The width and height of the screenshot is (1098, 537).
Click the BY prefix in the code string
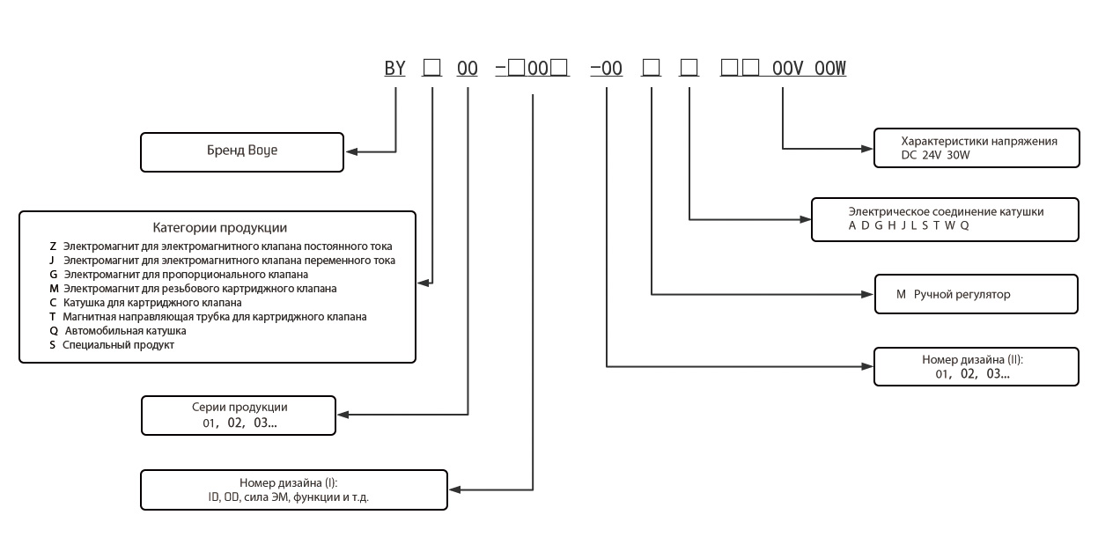pos(394,67)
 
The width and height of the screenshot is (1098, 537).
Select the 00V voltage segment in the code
pos(787,67)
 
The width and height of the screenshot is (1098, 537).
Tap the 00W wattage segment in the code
pos(830,67)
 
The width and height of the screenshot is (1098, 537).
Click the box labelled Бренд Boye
pos(242,151)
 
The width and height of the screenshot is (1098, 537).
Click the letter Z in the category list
pos(53,246)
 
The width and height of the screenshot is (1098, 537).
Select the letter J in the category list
pos(53,261)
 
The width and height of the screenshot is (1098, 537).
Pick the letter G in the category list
pos(53,275)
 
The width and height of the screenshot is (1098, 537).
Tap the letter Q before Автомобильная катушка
pos(53,331)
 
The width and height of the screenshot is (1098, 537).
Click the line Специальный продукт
pos(118,345)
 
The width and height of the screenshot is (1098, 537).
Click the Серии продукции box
pos(239,415)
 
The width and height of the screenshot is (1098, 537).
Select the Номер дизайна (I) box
pos(294,489)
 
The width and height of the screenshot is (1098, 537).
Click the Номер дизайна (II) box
pos(976,366)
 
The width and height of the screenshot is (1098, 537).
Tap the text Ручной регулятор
pos(962,294)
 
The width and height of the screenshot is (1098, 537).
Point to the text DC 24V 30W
pos(924,155)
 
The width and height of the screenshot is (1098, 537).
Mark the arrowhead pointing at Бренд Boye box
pos(350,151)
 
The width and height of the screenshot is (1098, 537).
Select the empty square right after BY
pos(431,67)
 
